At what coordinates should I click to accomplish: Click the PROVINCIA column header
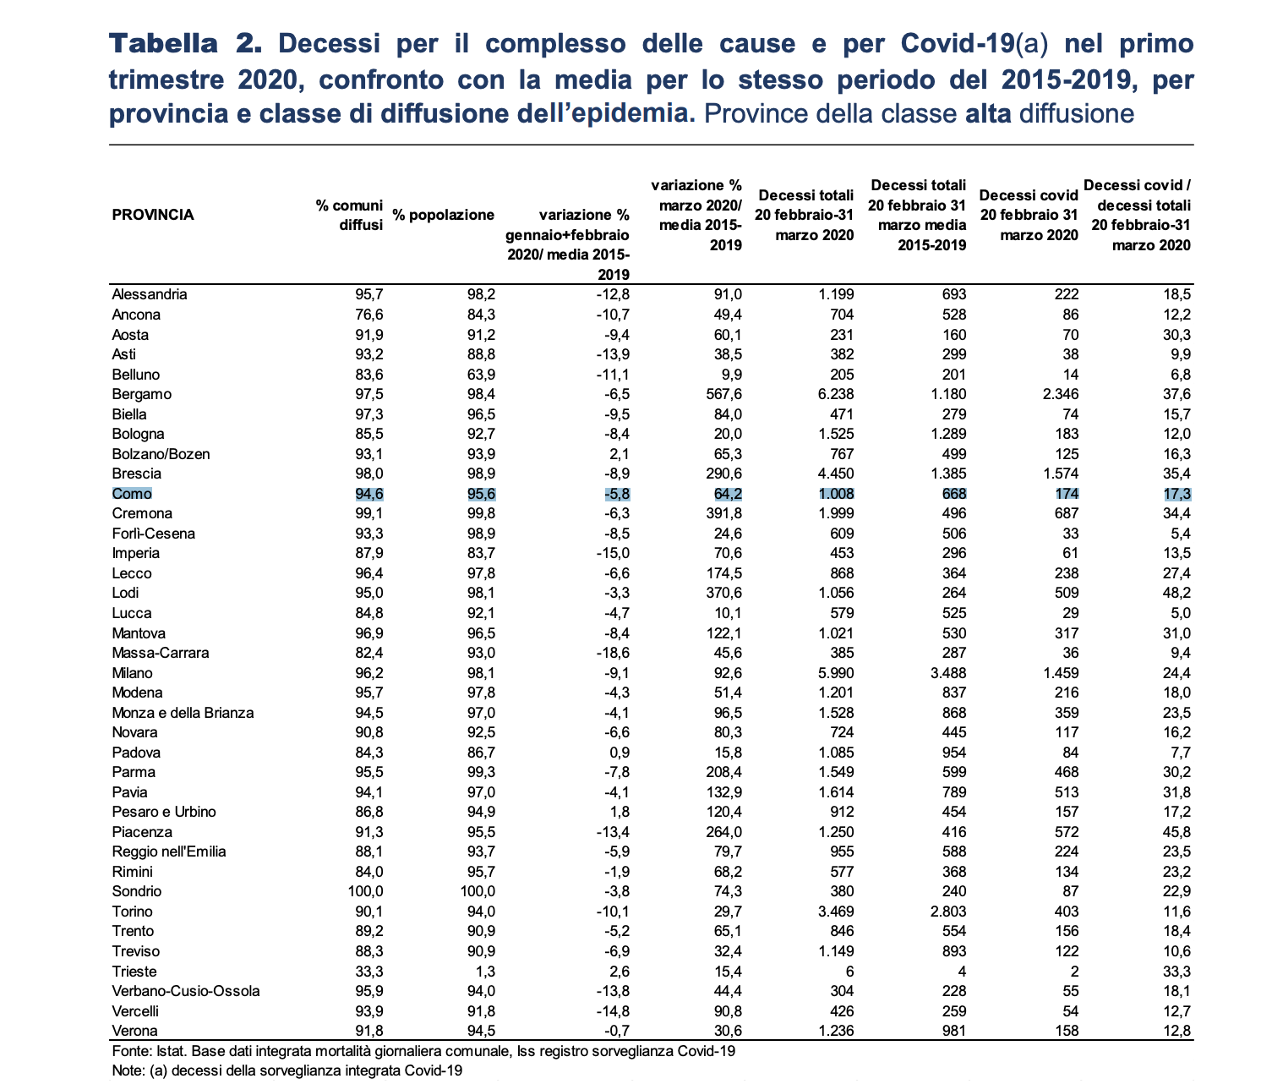(x=152, y=215)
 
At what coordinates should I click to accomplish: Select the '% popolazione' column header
(x=443, y=215)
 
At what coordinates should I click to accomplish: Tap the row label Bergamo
(x=141, y=394)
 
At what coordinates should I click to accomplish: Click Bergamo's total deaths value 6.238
(x=836, y=394)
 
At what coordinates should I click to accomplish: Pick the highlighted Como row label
(x=132, y=494)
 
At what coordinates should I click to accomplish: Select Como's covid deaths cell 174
(x=1067, y=494)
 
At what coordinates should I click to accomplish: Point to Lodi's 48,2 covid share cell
(x=1176, y=593)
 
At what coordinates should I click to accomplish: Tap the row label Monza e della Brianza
(x=183, y=712)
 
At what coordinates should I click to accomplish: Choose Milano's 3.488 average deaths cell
(x=948, y=672)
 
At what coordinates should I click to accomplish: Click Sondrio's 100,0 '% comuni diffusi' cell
(x=365, y=891)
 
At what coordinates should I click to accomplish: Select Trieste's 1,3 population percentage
(x=485, y=971)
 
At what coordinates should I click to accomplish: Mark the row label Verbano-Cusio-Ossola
(x=185, y=991)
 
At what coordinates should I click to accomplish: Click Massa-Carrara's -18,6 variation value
(x=613, y=653)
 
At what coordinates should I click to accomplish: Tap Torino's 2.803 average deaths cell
(x=948, y=912)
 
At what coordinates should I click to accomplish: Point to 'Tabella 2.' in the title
(x=185, y=44)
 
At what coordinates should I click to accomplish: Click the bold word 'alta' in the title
(x=988, y=113)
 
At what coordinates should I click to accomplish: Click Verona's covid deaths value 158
(x=1067, y=1030)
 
